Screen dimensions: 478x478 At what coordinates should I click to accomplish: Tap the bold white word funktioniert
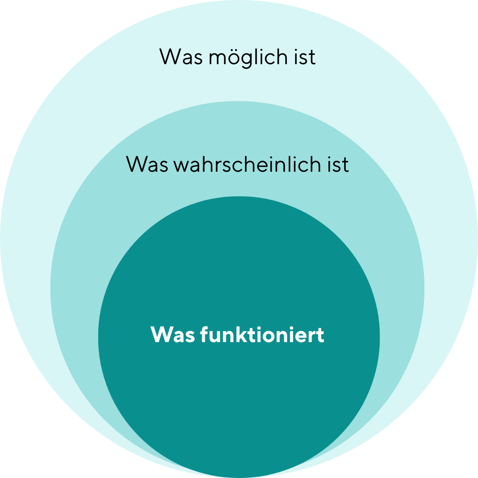click(262, 335)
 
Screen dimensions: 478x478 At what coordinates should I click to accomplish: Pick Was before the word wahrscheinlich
click(147, 164)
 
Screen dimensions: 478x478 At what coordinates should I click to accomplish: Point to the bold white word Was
click(173, 335)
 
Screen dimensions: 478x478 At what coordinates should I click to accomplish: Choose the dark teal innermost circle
click(239, 389)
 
